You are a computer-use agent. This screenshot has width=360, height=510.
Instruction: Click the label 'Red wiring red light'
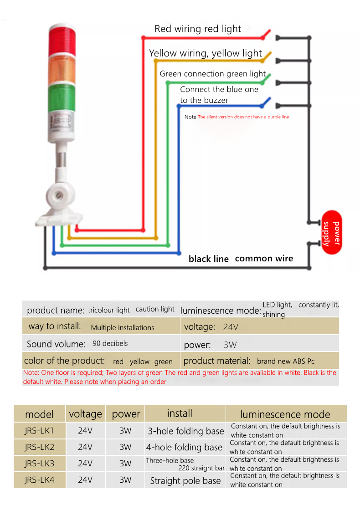(x=198, y=29)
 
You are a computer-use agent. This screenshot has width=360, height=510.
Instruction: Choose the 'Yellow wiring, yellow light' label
(x=206, y=53)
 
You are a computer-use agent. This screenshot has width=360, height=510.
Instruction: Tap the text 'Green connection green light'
(x=213, y=74)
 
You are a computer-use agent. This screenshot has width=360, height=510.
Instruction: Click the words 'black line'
(x=208, y=259)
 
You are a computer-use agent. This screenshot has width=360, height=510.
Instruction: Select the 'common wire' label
(x=264, y=259)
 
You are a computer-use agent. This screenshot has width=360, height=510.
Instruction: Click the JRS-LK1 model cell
(x=39, y=431)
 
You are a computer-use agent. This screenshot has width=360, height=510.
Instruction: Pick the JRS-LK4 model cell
(x=39, y=480)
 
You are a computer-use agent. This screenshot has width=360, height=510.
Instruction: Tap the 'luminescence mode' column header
(x=285, y=414)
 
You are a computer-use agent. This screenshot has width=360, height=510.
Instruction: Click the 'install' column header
(x=180, y=413)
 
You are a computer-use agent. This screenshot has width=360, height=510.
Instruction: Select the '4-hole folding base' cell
(x=184, y=448)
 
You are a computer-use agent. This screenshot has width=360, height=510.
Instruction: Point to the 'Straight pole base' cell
(x=185, y=481)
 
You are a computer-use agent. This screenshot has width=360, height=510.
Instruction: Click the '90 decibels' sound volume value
(x=110, y=343)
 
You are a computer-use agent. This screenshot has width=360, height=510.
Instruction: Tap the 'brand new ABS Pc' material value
(x=286, y=361)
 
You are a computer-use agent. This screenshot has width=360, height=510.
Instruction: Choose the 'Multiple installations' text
(x=123, y=327)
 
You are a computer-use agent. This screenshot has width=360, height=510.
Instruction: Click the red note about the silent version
(x=243, y=117)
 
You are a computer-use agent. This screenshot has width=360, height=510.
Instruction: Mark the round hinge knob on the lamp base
(x=59, y=195)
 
